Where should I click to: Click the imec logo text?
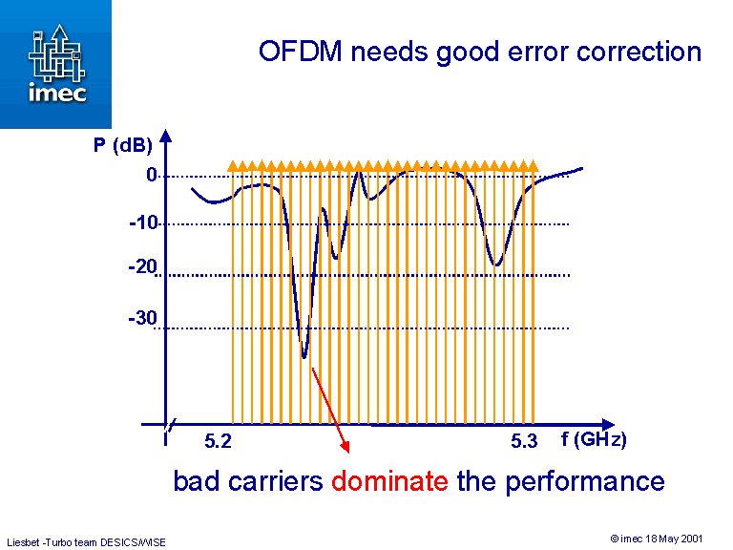click(57, 92)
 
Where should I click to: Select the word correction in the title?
click(639, 52)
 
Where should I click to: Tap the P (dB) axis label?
click(123, 145)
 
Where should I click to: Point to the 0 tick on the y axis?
click(151, 175)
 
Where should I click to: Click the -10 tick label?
click(144, 222)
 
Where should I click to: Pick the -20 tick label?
click(143, 267)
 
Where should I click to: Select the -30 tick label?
click(143, 318)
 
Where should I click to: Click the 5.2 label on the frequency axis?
click(218, 441)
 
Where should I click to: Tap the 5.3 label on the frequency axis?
click(524, 441)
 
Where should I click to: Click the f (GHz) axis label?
click(594, 439)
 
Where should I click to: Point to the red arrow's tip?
click(348, 453)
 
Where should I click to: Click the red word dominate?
click(389, 481)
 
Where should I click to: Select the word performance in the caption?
click(585, 482)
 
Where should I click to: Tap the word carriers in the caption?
click(275, 481)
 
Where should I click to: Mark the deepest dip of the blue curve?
click(304, 357)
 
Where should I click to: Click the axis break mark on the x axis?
click(170, 425)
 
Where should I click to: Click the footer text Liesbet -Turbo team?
click(52, 542)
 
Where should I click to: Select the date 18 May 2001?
click(674, 539)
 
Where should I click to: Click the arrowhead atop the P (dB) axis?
click(165, 136)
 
